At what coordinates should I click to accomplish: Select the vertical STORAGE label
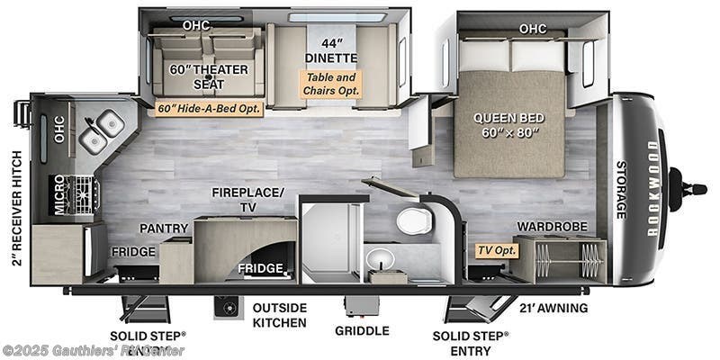click(621, 190)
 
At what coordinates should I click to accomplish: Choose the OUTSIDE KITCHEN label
click(279, 315)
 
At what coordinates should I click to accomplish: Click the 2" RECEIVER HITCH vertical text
click(14, 212)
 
